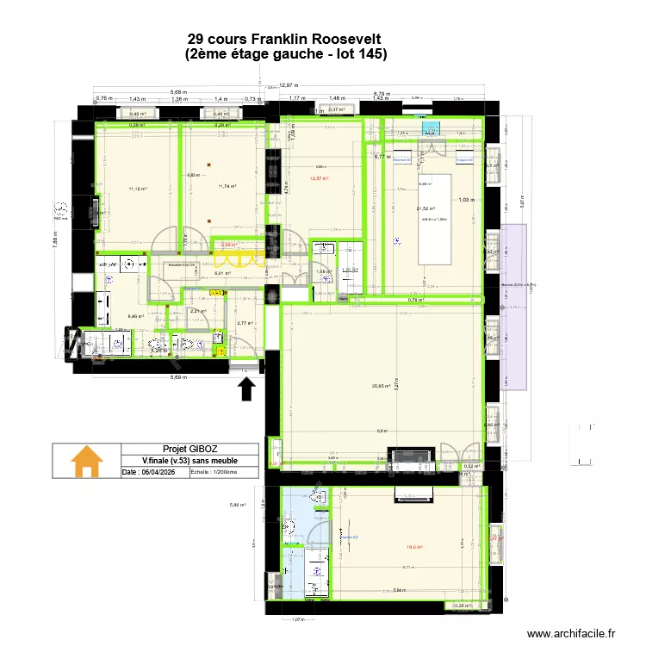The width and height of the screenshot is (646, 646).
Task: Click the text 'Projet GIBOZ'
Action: pyautogui.click(x=187, y=449)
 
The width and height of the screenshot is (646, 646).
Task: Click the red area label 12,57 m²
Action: pyautogui.click(x=320, y=179)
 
